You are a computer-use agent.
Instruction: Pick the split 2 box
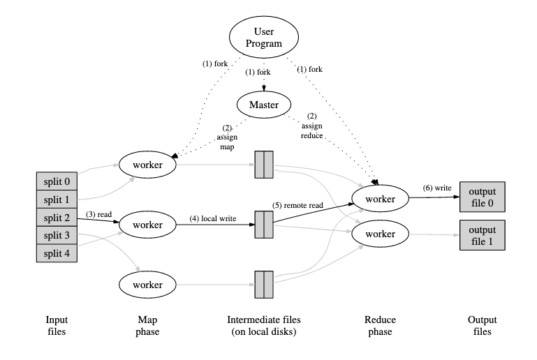pyautogui.click(x=57, y=217)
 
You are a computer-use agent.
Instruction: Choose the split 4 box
pyautogui.click(x=57, y=253)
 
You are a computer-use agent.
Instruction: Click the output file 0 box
pyautogui.click(x=482, y=197)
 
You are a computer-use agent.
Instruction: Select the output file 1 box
pyautogui.click(x=482, y=234)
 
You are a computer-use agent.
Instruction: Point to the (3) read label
pyautogui.click(x=99, y=214)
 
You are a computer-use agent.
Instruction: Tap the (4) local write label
pyautogui.click(x=213, y=218)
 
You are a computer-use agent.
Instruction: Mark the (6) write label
pyautogui.click(x=438, y=188)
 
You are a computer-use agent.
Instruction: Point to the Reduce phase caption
pyautogui.click(x=380, y=325)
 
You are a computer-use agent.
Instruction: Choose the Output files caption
pyautogui.click(x=480, y=325)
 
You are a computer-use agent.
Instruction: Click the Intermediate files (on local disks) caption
pyautogui.click(x=263, y=325)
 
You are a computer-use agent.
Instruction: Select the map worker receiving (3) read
pyautogui.click(x=147, y=225)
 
